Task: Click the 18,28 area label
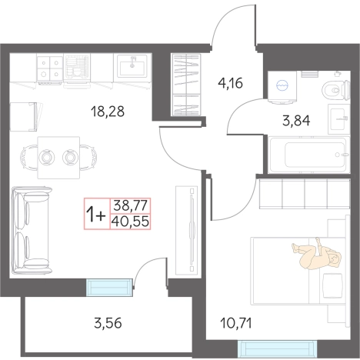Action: click(x=108, y=112)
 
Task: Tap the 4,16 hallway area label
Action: click(x=230, y=83)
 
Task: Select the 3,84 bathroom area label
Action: click(x=296, y=121)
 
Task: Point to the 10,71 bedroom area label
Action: click(x=236, y=323)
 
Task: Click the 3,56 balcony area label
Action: click(x=108, y=323)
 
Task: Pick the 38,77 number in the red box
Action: click(x=130, y=205)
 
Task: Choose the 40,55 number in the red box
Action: click(x=131, y=222)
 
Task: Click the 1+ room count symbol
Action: click(x=96, y=214)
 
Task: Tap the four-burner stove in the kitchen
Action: click(x=49, y=68)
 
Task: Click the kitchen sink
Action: click(x=132, y=66)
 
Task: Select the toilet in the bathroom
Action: click(x=336, y=89)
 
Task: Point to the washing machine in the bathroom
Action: click(x=282, y=86)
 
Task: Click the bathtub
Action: click(x=308, y=155)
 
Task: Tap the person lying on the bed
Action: click(x=317, y=254)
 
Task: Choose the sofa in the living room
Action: click(x=32, y=230)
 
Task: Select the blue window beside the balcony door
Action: click(x=109, y=288)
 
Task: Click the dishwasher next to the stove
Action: click(x=77, y=69)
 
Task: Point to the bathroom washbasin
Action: click(x=339, y=119)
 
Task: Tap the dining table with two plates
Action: click(x=58, y=157)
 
